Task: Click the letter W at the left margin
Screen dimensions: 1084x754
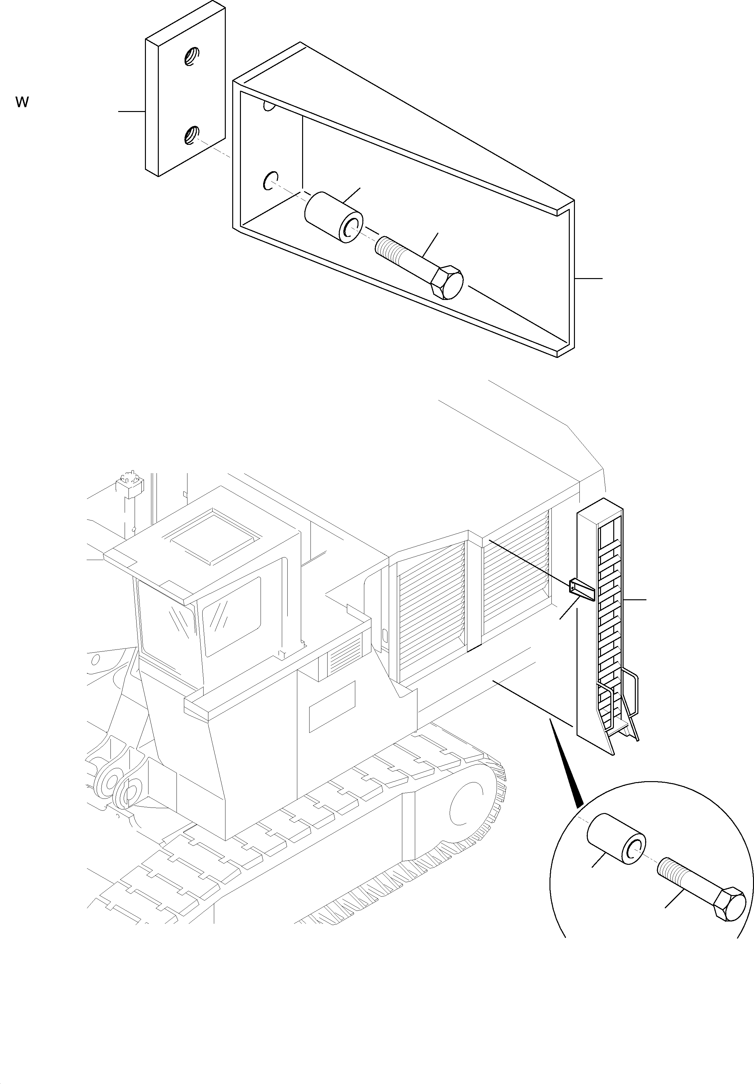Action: (22, 102)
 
